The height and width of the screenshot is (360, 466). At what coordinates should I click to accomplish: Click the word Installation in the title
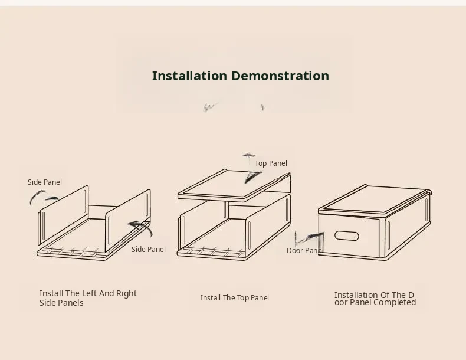189,76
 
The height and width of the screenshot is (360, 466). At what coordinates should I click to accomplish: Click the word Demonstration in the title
280,76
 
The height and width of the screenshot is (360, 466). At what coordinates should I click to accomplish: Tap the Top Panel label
271,163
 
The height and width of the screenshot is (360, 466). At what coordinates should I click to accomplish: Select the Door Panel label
304,251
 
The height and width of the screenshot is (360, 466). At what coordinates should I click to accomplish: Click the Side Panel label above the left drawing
45,182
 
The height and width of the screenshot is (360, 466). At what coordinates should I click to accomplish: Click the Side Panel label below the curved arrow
149,250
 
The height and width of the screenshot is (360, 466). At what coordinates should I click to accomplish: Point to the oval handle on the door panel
346,235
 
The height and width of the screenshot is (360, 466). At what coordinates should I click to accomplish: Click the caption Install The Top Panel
235,298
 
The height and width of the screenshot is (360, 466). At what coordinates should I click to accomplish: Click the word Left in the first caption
90,293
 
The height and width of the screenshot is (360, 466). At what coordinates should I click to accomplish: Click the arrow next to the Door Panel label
309,238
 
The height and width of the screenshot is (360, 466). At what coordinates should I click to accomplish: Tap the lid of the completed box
375,199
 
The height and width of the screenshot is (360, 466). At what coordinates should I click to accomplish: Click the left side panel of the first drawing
63,215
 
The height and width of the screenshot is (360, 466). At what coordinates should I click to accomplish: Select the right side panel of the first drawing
128,221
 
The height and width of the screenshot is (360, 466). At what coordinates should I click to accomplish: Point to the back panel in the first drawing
101,212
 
